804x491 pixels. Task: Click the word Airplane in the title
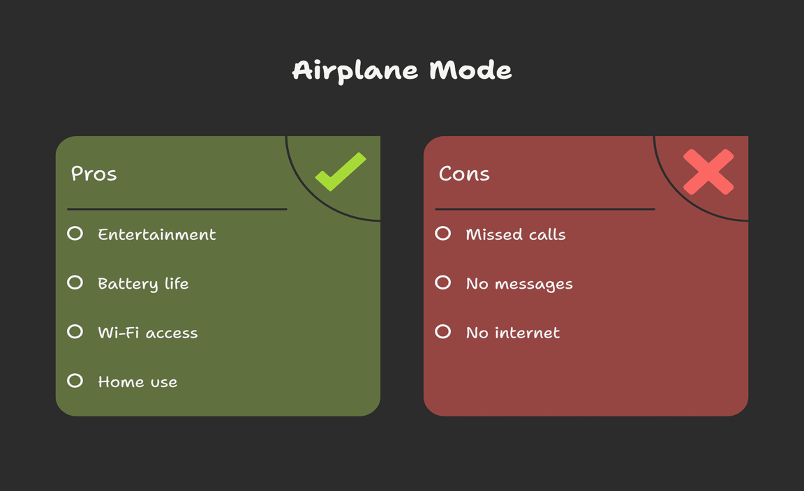[x=355, y=70]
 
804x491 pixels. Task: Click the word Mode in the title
[x=470, y=70]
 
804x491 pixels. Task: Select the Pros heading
[x=94, y=174]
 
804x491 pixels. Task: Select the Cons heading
[x=464, y=174]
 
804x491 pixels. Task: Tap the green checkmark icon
[x=341, y=172]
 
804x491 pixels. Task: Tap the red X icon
[x=708, y=172]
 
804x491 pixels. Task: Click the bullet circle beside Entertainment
[x=75, y=234]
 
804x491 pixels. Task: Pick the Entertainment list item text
[x=157, y=234]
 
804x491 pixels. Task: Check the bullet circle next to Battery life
[x=75, y=282]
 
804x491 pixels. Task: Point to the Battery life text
[x=143, y=283]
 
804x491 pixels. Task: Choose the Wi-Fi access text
[x=148, y=333]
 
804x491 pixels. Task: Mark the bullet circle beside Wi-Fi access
[x=75, y=331]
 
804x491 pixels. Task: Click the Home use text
[x=137, y=382]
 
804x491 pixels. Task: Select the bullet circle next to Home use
[x=75, y=381]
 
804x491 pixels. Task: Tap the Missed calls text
[x=516, y=234]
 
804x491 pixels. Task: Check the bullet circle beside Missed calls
[x=443, y=234]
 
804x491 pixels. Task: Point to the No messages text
[x=519, y=284]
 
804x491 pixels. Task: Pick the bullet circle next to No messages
[x=443, y=282]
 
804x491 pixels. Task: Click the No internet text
[x=513, y=333]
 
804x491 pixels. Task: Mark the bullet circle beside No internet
[x=443, y=331]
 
